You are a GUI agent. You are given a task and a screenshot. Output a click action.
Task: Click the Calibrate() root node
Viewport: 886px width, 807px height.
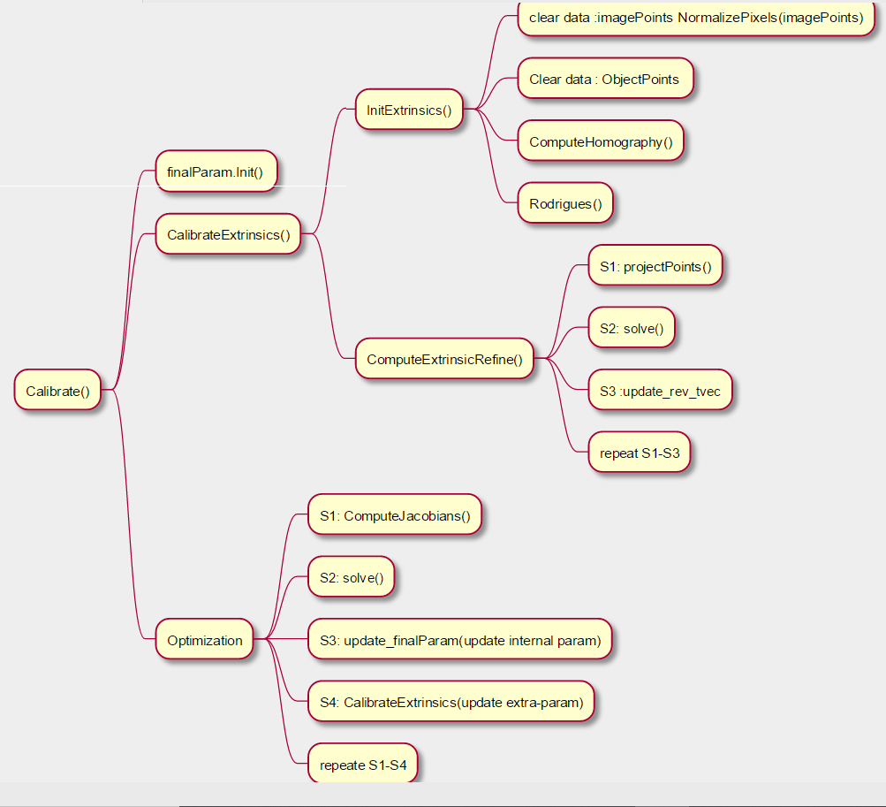pyautogui.click(x=57, y=390)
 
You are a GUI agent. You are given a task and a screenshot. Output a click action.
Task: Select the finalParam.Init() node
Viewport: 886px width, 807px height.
pyautogui.click(x=215, y=172)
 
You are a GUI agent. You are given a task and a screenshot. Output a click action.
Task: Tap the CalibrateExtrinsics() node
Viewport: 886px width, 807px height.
pyautogui.click(x=228, y=235)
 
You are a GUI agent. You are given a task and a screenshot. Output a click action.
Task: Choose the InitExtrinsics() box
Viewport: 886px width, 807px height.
pyautogui.click(x=408, y=110)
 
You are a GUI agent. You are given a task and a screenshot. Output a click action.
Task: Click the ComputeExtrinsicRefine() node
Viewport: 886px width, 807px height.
pyautogui.click(x=444, y=359)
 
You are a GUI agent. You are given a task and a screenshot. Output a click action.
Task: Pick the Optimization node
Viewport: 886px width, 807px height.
pyautogui.click(x=204, y=640)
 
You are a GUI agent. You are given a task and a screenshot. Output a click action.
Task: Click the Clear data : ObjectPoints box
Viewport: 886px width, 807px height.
pyautogui.click(x=604, y=80)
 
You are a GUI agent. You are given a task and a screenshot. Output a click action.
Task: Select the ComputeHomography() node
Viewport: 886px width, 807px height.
pyautogui.click(x=601, y=141)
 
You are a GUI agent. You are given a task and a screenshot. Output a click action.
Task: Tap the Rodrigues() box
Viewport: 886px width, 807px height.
pyautogui.click(x=565, y=204)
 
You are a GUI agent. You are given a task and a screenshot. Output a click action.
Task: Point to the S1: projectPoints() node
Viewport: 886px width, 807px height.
pyautogui.click(x=655, y=266)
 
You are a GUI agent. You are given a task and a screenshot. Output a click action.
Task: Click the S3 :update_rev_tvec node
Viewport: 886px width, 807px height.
pyautogui.click(x=660, y=390)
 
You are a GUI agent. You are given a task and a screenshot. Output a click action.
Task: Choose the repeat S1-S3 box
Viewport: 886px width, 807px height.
pyautogui.click(x=639, y=453)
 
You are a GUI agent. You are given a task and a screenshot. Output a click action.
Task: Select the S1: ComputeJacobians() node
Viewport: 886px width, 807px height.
pyautogui.click(x=394, y=515)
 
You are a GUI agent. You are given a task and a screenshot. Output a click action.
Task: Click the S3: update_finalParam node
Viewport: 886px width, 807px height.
pyautogui.click(x=459, y=640)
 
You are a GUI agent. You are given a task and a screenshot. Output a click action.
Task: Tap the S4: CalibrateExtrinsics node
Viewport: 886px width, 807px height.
pyautogui.click(x=451, y=703)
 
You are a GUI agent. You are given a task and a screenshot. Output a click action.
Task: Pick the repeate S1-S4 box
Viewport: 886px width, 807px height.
pyautogui.click(x=362, y=765)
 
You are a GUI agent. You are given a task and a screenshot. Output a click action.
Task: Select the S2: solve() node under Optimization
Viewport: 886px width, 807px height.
pyautogui.click(x=351, y=578)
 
